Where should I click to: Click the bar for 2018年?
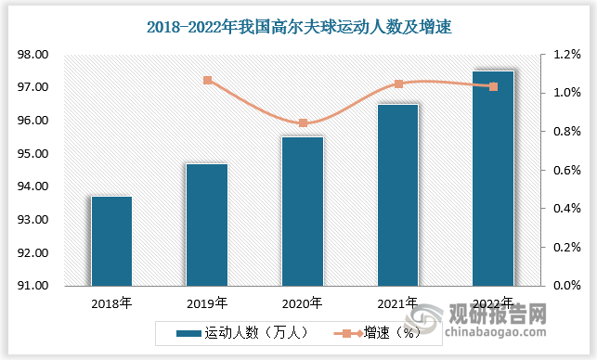coord(111,240)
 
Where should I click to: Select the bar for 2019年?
coord(206,225)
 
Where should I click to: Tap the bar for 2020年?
coord(302,211)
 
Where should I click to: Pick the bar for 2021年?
coord(397,195)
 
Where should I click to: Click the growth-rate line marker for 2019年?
coord(207,81)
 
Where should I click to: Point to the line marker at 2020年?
coord(303,122)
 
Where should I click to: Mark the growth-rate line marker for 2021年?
coord(398,84)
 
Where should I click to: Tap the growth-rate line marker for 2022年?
coord(493,86)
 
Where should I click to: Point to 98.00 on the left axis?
coord(33,55)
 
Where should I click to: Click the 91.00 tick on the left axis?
coord(33,286)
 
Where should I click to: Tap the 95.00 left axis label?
coord(33,154)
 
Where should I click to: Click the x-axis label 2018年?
coord(111,302)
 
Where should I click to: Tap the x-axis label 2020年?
coord(302,302)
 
